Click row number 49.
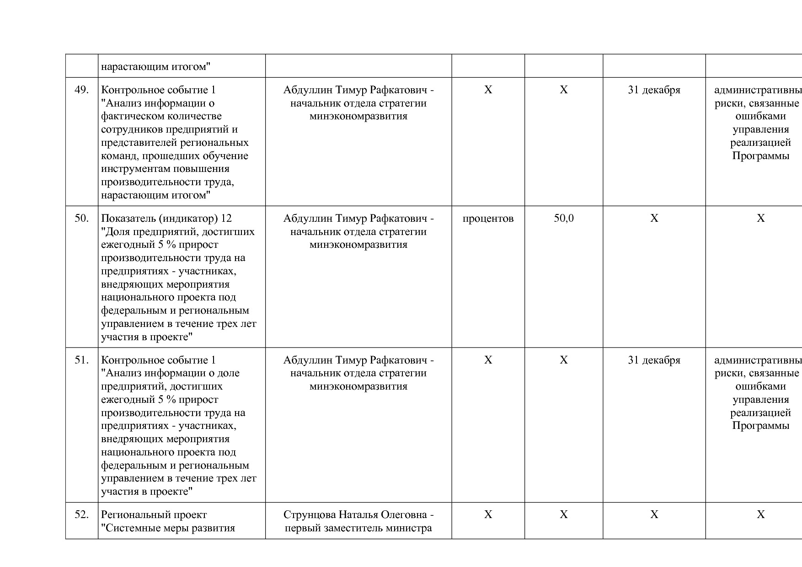click(x=81, y=90)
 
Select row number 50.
click(x=81, y=219)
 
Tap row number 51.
click(x=81, y=360)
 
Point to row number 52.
click(x=81, y=515)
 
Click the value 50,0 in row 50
click(x=563, y=219)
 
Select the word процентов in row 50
click(x=488, y=219)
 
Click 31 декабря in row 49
click(x=654, y=90)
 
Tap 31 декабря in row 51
click(x=654, y=360)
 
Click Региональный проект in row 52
click(x=154, y=515)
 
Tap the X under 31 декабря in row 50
click(x=654, y=219)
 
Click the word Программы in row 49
click(x=760, y=156)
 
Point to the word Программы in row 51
click(x=760, y=426)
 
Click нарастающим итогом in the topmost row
click(x=155, y=67)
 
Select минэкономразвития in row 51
click(x=358, y=386)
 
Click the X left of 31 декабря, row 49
click(x=563, y=90)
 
